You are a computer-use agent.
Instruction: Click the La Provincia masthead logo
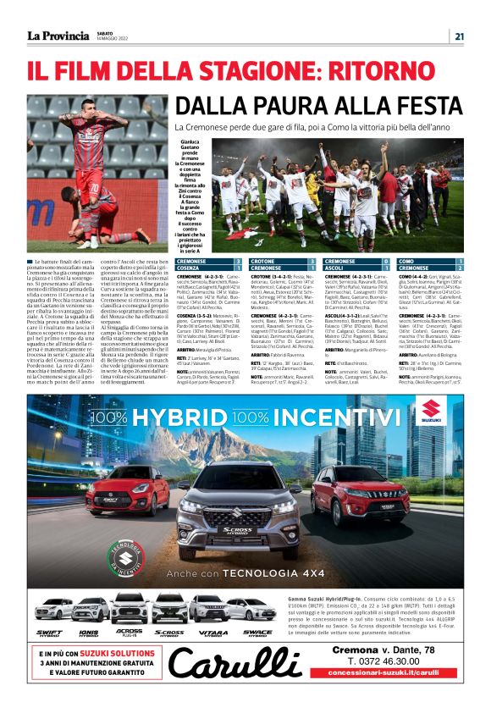pos(58,36)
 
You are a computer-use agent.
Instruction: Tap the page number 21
pos(458,36)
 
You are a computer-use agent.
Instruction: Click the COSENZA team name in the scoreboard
pos(192,268)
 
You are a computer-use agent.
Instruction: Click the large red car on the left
pos(127,489)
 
